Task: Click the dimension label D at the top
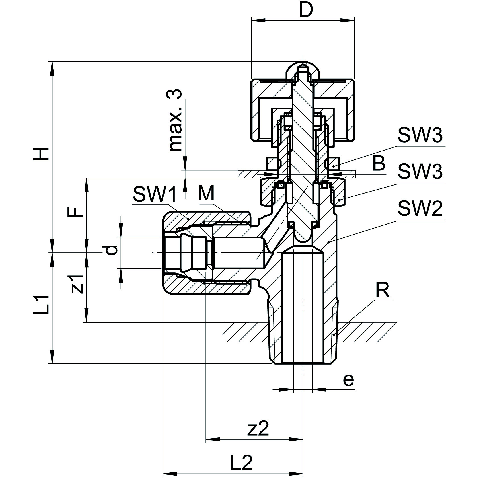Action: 306,10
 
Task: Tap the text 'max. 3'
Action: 175,120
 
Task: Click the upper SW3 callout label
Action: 420,135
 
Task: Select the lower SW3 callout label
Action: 420,172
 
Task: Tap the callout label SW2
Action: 420,209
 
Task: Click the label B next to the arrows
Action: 379,164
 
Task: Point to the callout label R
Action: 382,291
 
